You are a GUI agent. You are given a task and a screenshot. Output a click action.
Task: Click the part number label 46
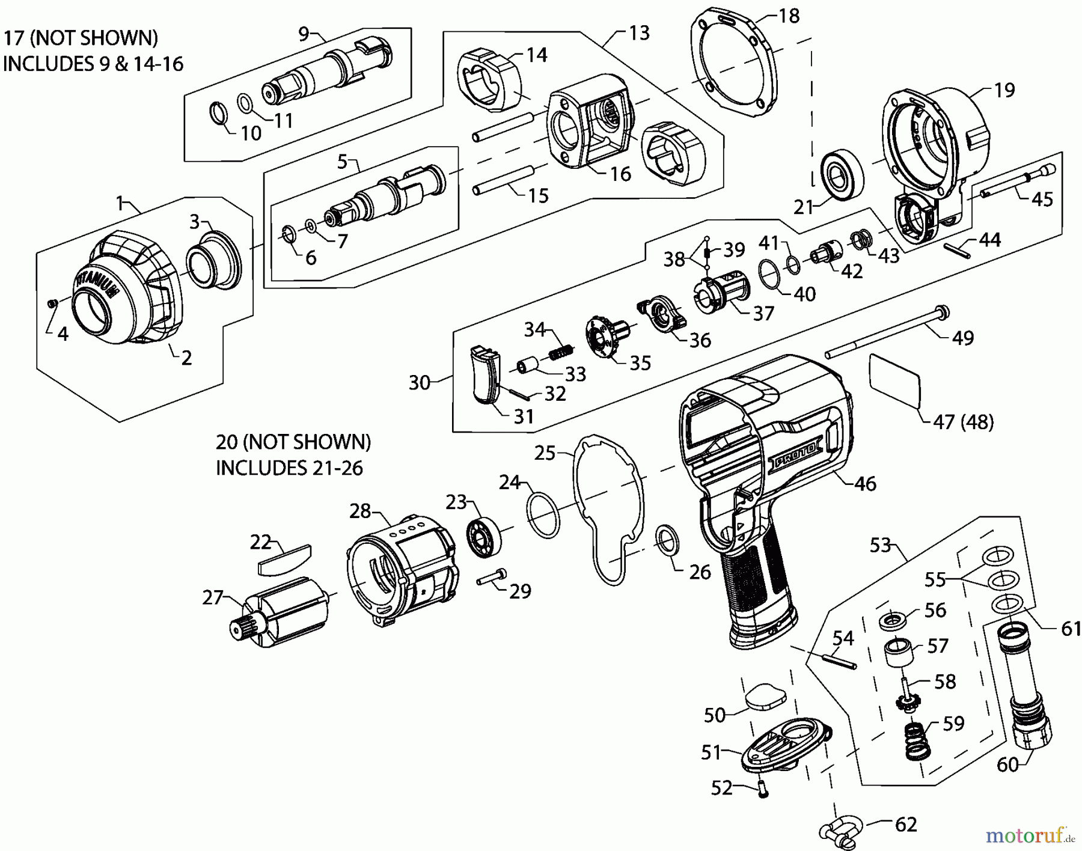(865, 483)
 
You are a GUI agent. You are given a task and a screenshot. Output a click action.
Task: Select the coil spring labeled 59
(917, 741)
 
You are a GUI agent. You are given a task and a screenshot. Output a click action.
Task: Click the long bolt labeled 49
(884, 332)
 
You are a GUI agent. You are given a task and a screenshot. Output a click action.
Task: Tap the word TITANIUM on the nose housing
(96, 288)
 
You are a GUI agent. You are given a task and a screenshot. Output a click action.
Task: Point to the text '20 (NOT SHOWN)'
(293, 442)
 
